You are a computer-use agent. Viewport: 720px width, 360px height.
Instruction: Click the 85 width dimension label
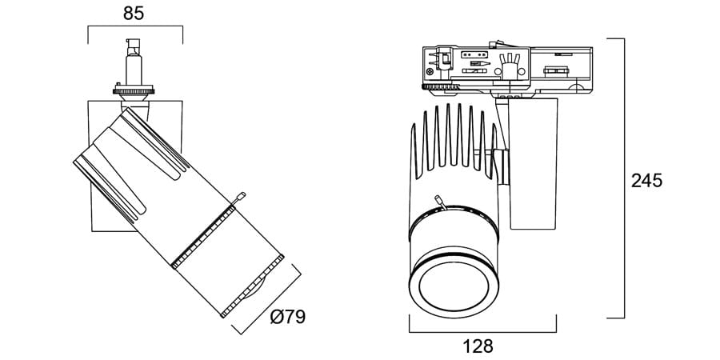point(135,13)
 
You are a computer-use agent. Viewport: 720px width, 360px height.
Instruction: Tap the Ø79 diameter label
point(288,317)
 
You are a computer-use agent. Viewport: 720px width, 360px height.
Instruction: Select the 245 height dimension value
point(646,181)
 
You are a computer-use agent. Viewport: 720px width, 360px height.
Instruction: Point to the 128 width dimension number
point(478,346)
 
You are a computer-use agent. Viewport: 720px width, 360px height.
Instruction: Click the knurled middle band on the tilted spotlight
point(205,235)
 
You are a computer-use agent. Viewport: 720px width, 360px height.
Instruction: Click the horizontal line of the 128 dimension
point(482,332)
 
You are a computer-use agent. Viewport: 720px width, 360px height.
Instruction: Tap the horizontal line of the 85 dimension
point(134,27)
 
